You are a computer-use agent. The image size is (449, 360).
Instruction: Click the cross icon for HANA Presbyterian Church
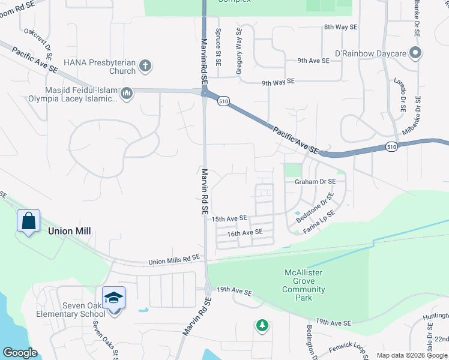point(145,65)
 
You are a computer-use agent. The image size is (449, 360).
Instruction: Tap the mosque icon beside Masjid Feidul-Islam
point(127,94)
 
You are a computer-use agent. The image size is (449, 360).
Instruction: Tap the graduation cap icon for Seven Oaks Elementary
point(113,297)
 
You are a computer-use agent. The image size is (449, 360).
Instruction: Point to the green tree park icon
point(262,325)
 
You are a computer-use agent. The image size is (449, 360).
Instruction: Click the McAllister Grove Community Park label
point(304,285)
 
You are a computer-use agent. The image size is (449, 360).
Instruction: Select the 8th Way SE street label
point(340,27)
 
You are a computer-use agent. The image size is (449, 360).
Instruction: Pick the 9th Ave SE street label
point(313,61)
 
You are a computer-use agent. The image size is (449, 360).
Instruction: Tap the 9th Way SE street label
point(278,81)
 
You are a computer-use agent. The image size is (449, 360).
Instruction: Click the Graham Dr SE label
point(315,181)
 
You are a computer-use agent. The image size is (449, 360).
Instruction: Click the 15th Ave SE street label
point(229,219)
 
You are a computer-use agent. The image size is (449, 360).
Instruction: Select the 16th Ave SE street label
point(245,232)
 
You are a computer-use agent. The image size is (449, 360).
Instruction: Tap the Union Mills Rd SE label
point(174,259)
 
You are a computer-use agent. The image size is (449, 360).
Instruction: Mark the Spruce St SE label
point(218,44)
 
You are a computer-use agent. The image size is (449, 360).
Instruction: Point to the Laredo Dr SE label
point(400,95)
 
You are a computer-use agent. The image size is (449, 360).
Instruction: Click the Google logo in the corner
point(20,353)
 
